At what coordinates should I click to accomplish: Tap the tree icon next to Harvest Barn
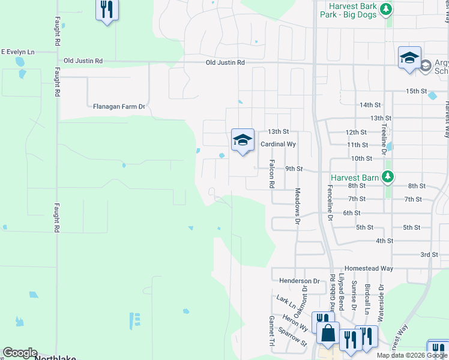tap(388, 176)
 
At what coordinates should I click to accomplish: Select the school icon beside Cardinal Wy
tap(243, 140)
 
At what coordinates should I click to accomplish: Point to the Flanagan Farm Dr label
tap(119, 107)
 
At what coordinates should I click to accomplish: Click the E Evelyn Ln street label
tap(17, 52)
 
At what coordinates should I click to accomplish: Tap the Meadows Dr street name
tap(297, 205)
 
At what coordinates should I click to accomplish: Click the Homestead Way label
tap(369, 269)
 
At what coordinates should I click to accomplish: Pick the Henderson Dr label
tap(300, 280)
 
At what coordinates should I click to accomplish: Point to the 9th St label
tap(294, 169)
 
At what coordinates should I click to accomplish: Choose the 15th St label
tap(415, 91)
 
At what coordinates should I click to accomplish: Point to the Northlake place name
tap(55, 358)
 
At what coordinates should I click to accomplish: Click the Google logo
tap(20, 353)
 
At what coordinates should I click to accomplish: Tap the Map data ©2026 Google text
tap(412, 355)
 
